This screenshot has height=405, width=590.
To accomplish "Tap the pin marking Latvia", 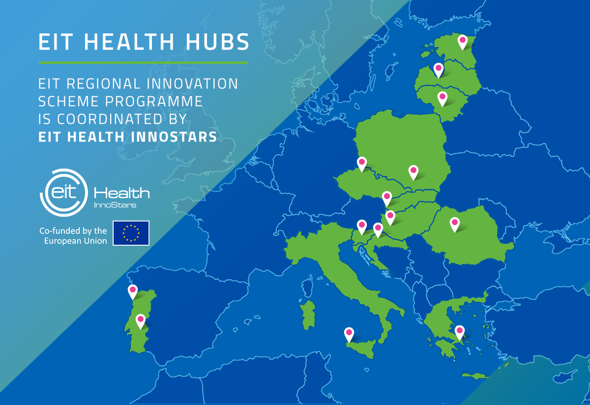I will pos(438,70).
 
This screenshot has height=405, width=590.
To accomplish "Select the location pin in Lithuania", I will pos(442,98).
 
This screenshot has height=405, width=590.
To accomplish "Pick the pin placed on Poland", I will pos(413,172).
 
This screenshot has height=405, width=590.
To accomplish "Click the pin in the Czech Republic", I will pos(362,163).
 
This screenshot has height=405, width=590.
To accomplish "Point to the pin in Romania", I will pos(455,224).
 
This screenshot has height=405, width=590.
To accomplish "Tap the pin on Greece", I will pos(460,332).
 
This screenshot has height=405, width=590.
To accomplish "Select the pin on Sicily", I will pos(349,334).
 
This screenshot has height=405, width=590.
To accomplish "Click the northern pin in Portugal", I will pos(133,291).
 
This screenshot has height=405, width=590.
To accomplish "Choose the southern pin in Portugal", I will pos(141,320).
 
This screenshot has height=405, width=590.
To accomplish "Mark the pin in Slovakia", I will pos(387,198).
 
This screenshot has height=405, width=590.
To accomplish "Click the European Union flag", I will pos(131,233).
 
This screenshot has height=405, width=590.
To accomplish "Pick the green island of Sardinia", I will pos(309,315).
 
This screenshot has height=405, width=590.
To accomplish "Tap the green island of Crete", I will pos(472,376).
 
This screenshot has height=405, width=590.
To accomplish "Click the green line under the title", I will pos(143,62).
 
